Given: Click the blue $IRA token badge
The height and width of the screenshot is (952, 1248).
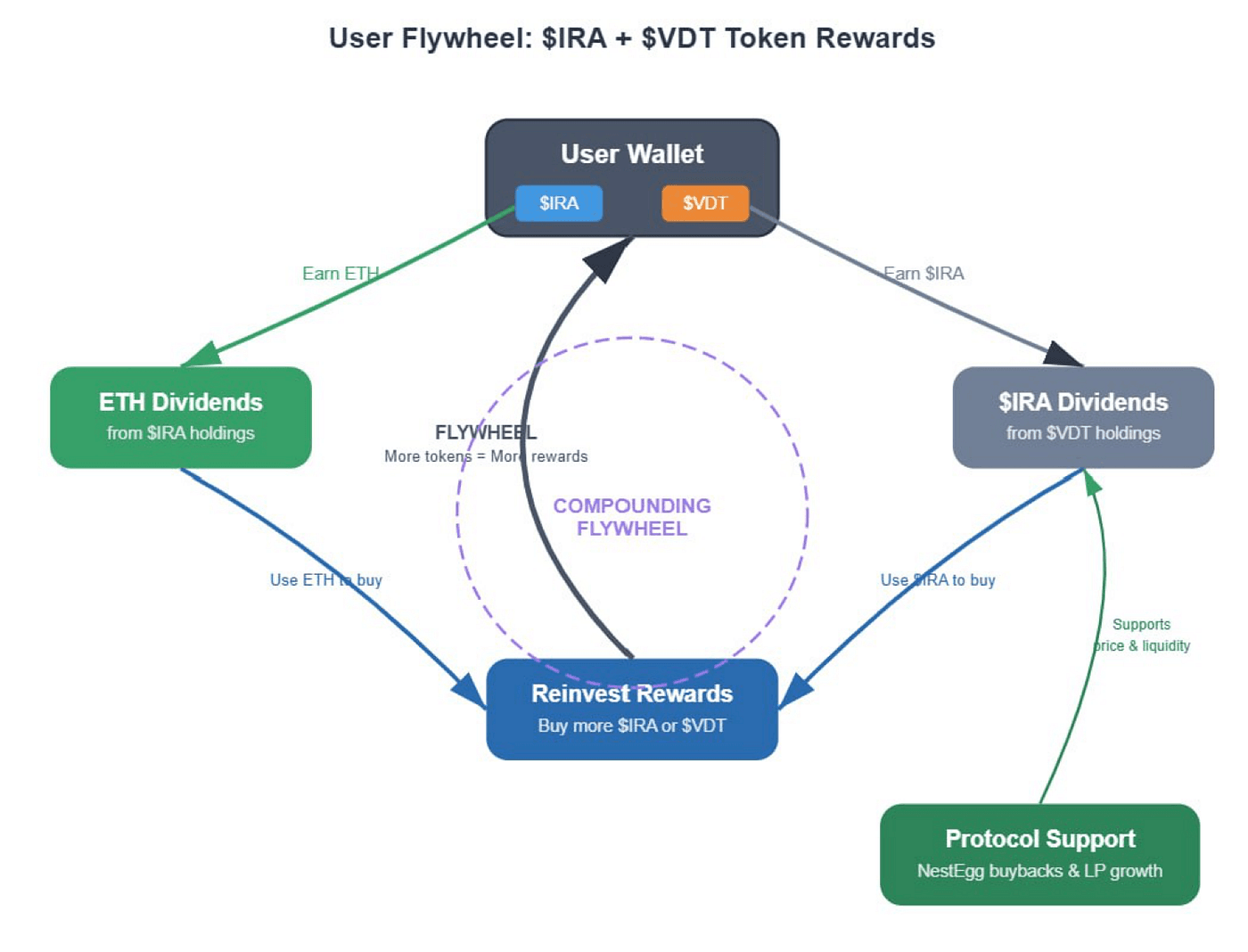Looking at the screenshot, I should pos(559,203).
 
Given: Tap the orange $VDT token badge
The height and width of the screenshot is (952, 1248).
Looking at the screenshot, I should pos(705,203).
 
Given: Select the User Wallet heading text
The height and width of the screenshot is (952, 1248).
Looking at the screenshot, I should pos(632,154).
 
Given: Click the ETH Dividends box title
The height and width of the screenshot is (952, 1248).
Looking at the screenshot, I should pos(181,402).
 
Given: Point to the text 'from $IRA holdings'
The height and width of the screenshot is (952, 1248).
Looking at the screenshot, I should pos(181,433).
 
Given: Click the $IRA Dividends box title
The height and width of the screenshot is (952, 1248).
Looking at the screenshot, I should pos(1083,402).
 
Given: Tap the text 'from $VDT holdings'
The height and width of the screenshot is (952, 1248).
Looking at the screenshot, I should pos(1083,433).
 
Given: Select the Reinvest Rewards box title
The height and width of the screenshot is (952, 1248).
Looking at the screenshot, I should pos(632,693).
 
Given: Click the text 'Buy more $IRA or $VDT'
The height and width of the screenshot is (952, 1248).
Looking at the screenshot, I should pos(632,726).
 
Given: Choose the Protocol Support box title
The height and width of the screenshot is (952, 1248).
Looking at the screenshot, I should pos(1040,839).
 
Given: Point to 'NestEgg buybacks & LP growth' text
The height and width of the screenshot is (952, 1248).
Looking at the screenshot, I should pos(1040,871).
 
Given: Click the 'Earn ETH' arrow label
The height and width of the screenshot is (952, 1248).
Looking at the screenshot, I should pos(341,274).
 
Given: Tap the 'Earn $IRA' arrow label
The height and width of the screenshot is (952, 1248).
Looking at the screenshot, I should pos(924,274).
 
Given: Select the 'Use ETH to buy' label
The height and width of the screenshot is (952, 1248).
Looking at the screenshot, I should pos(326,580).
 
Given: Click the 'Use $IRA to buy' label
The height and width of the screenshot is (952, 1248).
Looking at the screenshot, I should pos(938,580).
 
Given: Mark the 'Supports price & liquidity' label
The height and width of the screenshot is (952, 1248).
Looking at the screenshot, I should pos(1142,635).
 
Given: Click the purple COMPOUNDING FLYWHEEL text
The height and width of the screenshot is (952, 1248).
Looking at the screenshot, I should pos(632,517).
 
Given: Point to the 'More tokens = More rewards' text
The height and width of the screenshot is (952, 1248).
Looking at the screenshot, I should pos(486,456).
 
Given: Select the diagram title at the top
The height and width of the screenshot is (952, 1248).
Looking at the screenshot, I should pos(632,38).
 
